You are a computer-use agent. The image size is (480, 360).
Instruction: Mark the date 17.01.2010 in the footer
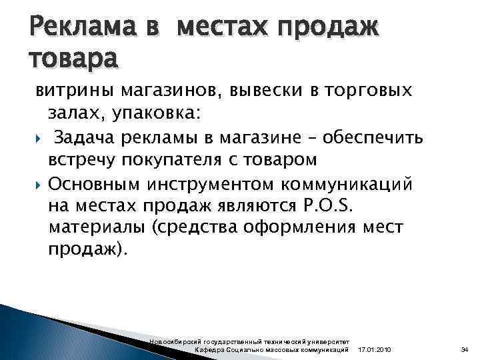(x=375, y=349)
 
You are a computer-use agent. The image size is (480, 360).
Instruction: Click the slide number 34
(x=465, y=349)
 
